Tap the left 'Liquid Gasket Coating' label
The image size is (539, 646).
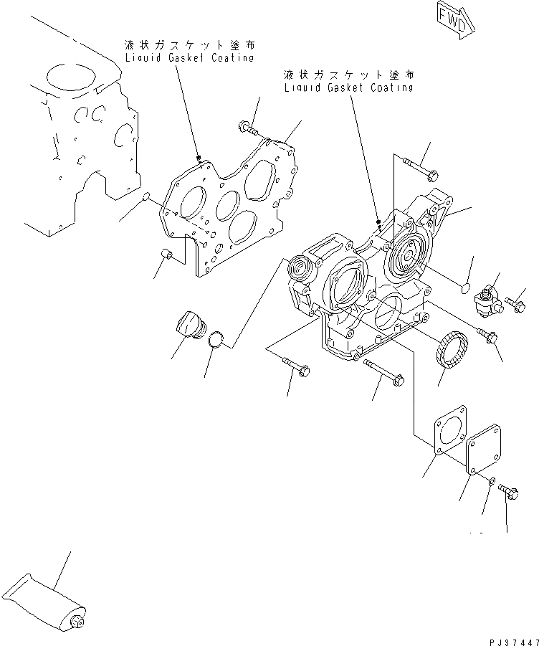pyautogui.click(x=189, y=52)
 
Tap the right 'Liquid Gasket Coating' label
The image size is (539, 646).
pyautogui.click(x=348, y=81)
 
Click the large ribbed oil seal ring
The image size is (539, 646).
pyautogui.click(x=452, y=351)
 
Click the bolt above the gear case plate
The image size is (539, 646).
pyautogui.click(x=247, y=129)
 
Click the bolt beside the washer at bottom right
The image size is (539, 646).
pyautogui.click(x=510, y=492)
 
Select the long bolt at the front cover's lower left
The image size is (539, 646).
pyautogui.click(x=296, y=367)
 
